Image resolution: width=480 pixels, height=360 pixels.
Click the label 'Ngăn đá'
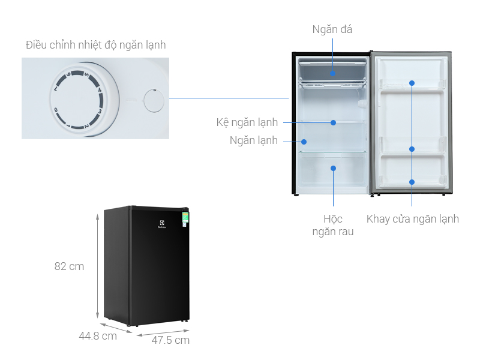point(332,29)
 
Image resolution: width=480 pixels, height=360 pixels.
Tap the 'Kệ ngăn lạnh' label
point(247,122)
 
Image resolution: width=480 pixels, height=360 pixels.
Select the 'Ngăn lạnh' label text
point(254,141)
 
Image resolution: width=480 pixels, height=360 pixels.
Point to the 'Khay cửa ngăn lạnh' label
point(412,219)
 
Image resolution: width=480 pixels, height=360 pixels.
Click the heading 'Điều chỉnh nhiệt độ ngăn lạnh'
point(96,45)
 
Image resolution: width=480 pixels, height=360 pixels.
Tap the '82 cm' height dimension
point(69,266)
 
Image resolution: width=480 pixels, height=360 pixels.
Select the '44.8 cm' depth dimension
point(98,336)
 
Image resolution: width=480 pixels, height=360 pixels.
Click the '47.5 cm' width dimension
point(170,340)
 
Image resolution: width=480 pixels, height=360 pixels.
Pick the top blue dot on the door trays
point(412,83)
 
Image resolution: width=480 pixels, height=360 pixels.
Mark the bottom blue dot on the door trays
point(412,182)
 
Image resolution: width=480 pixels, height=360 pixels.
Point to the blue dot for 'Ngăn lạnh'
point(304,142)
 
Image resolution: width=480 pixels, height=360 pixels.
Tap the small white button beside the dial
point(154,100)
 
